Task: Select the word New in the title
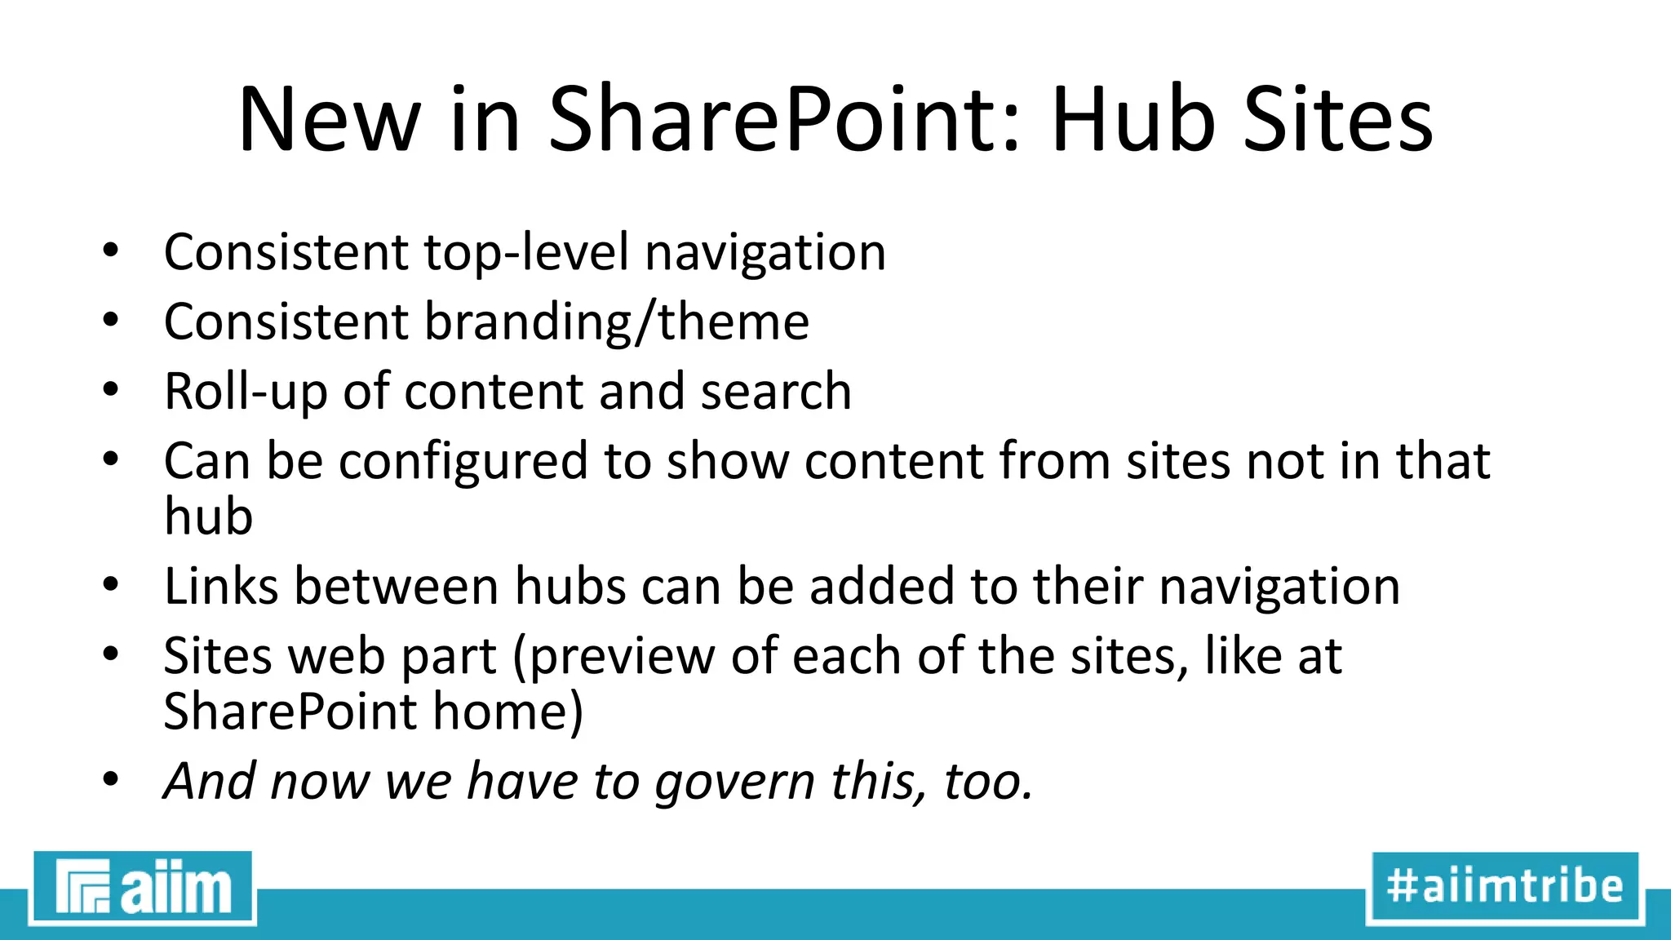tap(329, 121)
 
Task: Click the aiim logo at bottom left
tap(143, 888)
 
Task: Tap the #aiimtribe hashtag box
tap(1505, 887)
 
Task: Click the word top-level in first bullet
tap(526, 252)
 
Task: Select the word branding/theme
tap(617, 322)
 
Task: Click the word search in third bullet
tap(776, 392)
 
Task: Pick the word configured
tap(463, 462)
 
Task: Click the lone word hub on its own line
tap(209, 517)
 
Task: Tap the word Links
tap(221, 587)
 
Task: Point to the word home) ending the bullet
tap(508, 712)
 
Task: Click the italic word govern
tap(734, 783)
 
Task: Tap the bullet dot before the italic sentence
tap(111, 779)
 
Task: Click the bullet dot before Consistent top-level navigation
tap(111, 251)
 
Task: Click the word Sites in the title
tap(1338, 121)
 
